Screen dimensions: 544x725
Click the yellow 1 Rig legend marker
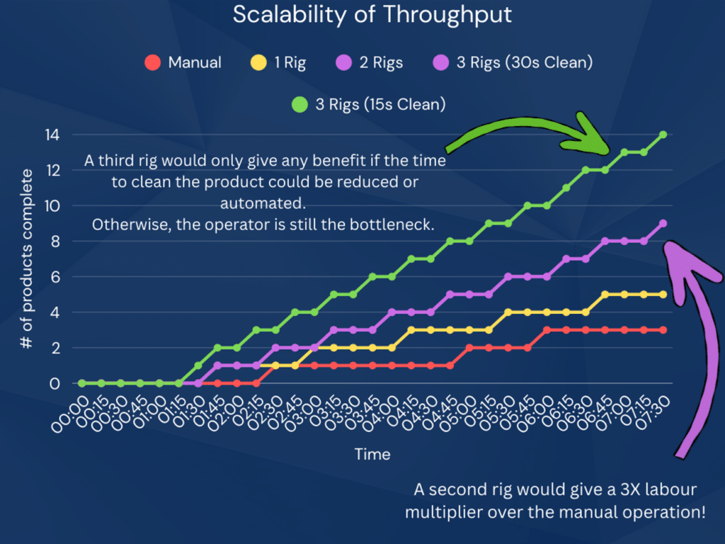[x=258, y=62]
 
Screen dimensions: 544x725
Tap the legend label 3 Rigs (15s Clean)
[x=380, y=105]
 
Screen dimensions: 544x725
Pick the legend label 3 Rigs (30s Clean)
[x=524, y=62]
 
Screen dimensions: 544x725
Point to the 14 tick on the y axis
[x=52, y=135]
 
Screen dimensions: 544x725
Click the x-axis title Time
[x=372, y=454]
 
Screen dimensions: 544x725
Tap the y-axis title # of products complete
[x=27, y=259]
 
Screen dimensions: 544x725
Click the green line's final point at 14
[x=663, y=135]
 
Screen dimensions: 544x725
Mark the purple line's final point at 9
[x=663, y=223]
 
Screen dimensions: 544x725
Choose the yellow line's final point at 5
[x=663, y=295]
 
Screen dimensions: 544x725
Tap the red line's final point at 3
[x=663, y=330]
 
